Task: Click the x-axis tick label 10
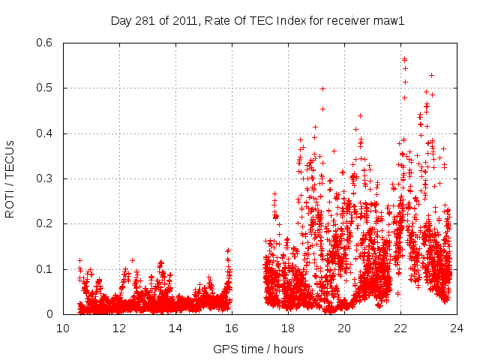63,328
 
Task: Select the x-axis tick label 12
119,328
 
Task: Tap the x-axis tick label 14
175,328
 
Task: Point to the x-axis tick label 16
232,328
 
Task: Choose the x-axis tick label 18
288,328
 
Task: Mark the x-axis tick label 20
344,328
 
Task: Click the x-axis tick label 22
400,328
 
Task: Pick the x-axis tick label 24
457,328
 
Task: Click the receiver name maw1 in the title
390,21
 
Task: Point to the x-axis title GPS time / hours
258,349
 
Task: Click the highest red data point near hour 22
404,58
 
